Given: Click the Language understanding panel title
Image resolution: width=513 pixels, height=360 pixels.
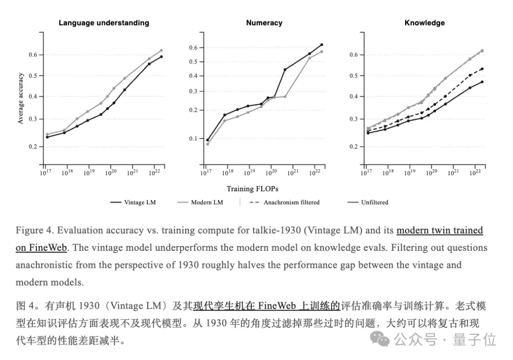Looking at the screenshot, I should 104,23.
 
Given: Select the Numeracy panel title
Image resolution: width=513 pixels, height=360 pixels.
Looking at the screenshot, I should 264,23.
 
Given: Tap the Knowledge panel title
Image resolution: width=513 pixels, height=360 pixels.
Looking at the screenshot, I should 425,23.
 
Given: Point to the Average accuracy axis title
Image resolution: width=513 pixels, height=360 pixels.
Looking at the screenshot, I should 20,98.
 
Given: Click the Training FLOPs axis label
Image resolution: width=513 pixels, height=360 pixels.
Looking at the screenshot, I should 252,189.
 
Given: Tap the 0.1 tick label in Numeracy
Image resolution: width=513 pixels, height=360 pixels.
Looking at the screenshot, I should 194,139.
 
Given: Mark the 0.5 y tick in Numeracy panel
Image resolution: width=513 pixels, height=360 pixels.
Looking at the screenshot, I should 194,62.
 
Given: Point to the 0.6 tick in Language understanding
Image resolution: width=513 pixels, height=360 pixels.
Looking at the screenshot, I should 33,55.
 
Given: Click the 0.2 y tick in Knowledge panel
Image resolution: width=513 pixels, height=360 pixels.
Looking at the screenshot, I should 354,147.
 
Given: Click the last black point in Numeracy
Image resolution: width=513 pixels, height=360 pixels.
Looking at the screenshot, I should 322,45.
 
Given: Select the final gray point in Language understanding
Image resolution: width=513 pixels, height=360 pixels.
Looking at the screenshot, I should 161,50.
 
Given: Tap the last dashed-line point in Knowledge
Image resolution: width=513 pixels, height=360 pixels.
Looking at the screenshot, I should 482,69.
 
